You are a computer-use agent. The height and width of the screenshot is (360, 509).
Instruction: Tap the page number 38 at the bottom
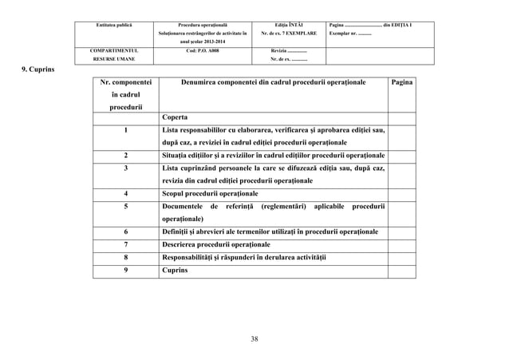pyautogui.click(x=254, y=339)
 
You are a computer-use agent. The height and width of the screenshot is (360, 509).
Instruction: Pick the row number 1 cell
pyautogui.click(x=125, y=130)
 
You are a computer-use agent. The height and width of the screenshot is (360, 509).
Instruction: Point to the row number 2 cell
pyautogui.click(x=125, y=155)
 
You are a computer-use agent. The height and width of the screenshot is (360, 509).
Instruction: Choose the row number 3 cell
pyautogui.click(x=125, y=168)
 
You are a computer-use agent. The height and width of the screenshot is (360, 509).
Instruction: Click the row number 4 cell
pyautogui.click(x=125, y=193)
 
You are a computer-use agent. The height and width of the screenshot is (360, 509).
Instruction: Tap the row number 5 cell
pyautogui.click(x=125, y=206)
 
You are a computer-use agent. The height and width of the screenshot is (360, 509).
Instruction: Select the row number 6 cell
pyautogui.click(x=125, y=231)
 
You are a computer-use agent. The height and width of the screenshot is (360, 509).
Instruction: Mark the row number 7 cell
pyautogui.click(x=125, y=244)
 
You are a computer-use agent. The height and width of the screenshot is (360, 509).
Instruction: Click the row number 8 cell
pyautogui.click(x=125, y=258)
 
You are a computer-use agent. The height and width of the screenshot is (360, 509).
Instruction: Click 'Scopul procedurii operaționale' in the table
pyautogui.click(x=210, y=193)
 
